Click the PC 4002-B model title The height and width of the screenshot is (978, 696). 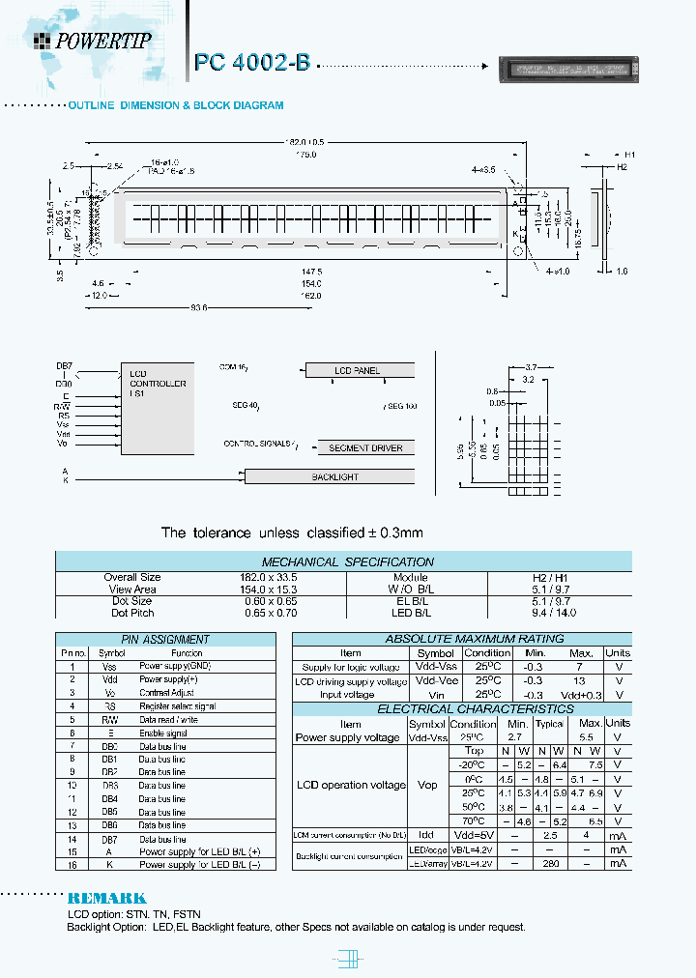(252, 63)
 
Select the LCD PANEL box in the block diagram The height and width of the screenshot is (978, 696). (359, 371)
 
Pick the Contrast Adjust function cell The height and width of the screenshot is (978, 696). (167, 693)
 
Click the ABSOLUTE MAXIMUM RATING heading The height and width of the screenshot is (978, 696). (460, 639)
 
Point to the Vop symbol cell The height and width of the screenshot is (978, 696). (427, 785)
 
